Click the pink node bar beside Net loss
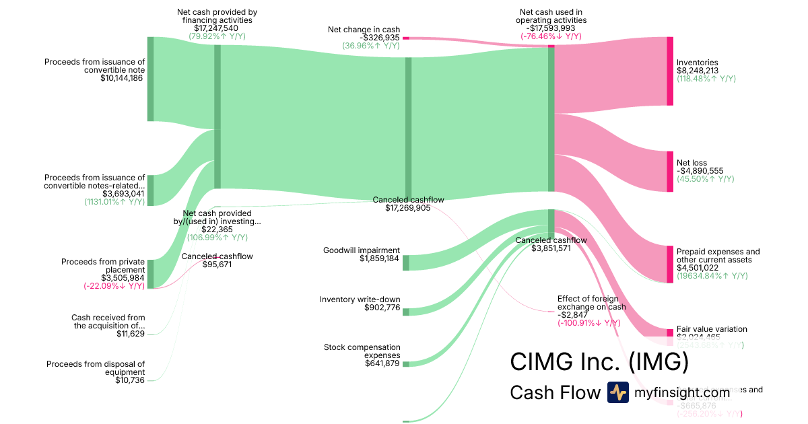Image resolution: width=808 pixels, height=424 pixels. (x=669, y=172)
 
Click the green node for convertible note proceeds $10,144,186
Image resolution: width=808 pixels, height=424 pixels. (x=150, y=79)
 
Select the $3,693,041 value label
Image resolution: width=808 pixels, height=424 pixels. (x=123, y=194)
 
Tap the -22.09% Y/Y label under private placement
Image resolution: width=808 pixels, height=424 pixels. (x=114, y=286)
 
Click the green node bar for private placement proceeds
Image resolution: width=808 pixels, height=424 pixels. (x=150, y=274)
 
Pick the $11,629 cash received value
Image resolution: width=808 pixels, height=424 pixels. (x=130, y=334)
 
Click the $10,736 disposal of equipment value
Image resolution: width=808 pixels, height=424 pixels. (x=130, y=380)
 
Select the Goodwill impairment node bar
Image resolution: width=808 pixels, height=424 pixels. (x=405, y=262)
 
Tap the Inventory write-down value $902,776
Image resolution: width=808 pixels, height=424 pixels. (x=378, y=308)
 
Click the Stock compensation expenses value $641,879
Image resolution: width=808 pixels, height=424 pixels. (x=378, y=363)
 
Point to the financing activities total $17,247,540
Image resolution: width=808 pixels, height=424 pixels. (x=216, y=28)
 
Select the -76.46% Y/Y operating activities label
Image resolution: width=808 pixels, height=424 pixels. (x=551, y=36)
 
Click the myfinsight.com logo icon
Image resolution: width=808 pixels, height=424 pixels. (x=617, y=392)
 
